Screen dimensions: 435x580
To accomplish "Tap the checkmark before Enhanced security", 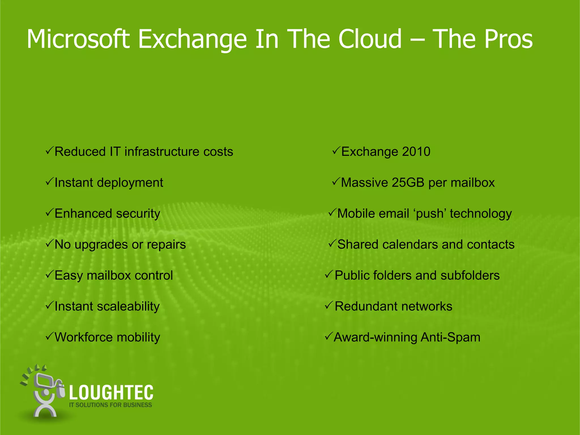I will [x=49, y=212].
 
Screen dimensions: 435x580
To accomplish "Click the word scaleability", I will [x=128, y=306].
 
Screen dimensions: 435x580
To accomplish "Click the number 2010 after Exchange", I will [x=416, y=152].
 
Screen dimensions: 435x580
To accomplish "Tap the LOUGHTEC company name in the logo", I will [x=111, y=393].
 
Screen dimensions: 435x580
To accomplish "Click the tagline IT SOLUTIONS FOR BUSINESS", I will [x=110, y=405].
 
